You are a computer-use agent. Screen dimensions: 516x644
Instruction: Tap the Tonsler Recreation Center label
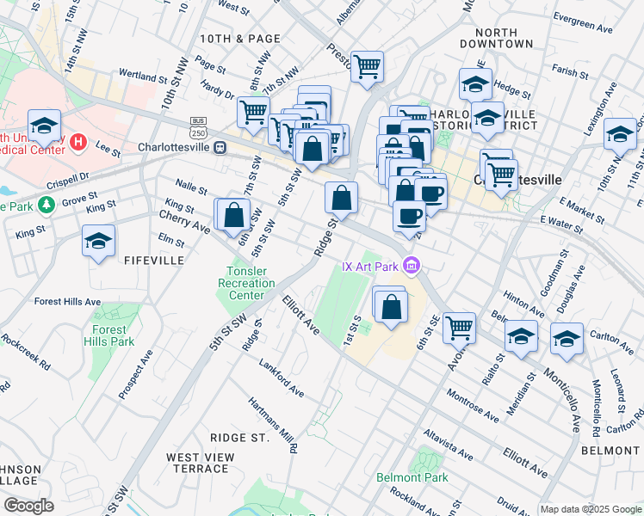coord(246,284)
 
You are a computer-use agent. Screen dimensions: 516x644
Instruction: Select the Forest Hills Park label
coord(109,335)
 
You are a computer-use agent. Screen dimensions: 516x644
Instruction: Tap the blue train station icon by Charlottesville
coord(220,146)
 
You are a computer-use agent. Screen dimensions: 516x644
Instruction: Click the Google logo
coord(29,506)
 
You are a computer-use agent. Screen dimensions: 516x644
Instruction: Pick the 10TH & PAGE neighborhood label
coord(240,39)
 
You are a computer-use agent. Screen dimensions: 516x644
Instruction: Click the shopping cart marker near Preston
coord(368,66)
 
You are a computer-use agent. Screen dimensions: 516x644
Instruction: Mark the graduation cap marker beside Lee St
coord(44,125)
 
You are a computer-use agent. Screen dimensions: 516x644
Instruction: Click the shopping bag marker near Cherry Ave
coord(233,214)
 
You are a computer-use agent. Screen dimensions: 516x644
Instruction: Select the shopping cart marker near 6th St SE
coord(459,327)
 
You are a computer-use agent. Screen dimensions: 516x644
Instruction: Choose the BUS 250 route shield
coord(199,127)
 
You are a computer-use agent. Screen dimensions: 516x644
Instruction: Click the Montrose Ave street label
coord(473,405)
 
